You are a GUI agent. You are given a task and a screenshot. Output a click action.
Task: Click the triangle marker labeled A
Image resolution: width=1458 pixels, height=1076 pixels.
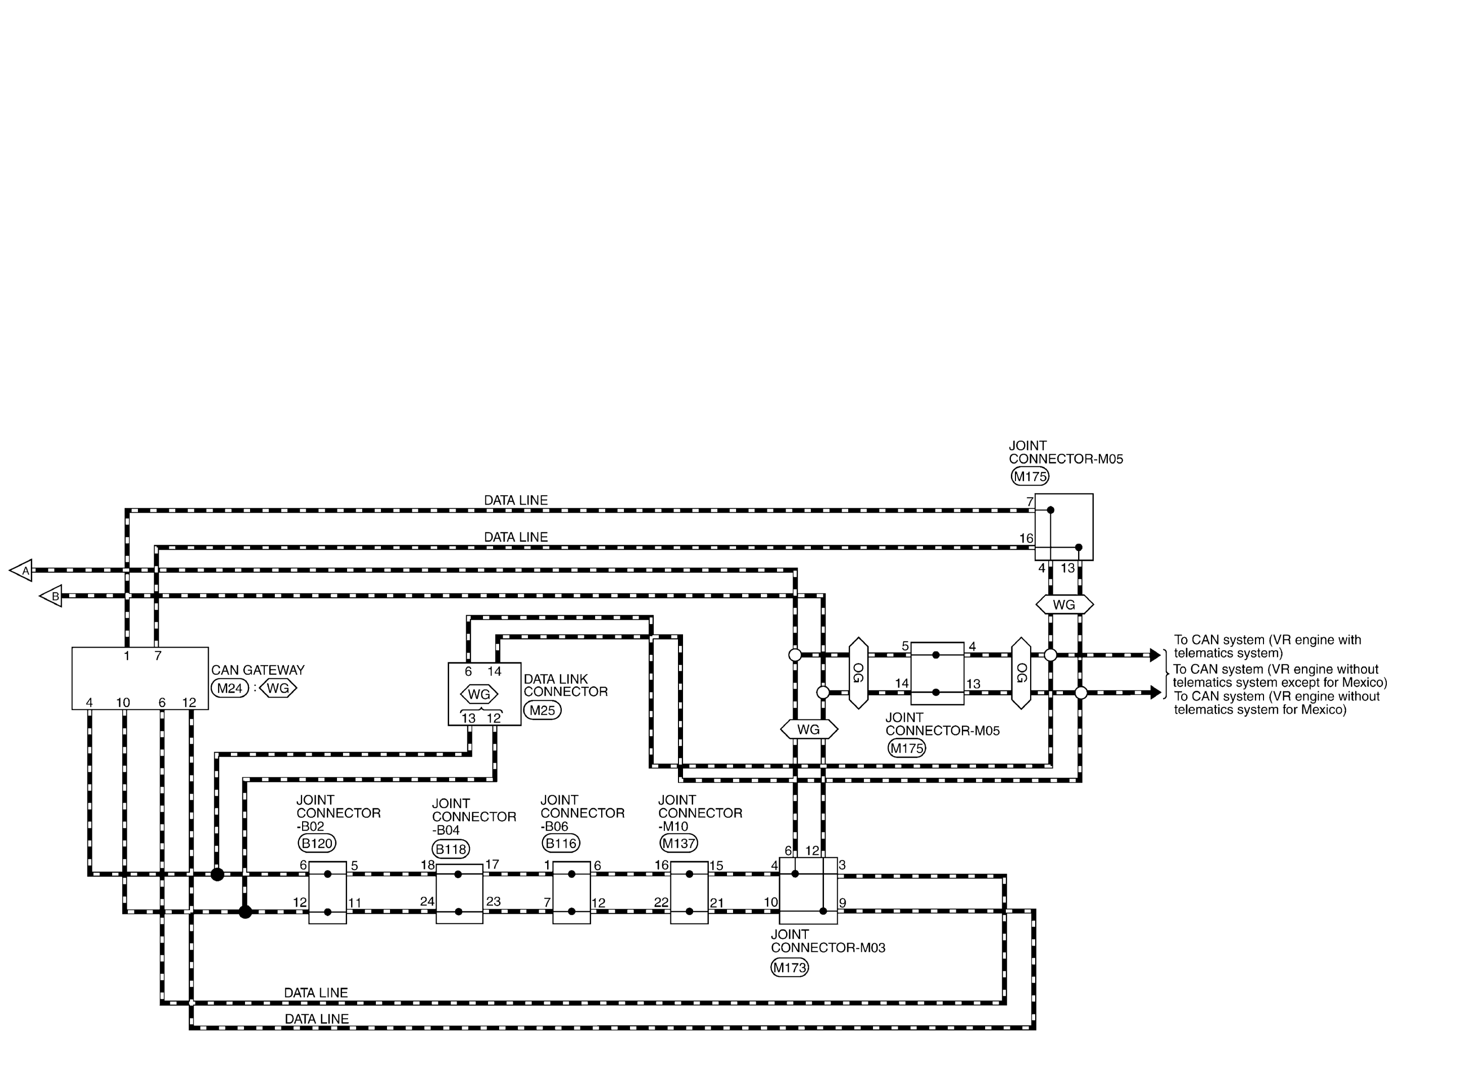(x=22, y=570)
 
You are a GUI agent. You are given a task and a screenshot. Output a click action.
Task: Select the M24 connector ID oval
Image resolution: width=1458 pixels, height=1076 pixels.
(x=230, y=689)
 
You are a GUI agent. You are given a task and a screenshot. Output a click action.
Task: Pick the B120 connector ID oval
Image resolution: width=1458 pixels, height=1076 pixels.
(x=317, y=844)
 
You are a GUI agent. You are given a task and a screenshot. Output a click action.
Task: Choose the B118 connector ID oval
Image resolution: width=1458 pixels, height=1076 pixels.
(x=451, y=849)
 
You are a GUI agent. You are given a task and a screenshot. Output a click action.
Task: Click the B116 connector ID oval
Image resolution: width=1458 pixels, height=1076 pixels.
(x=561, y=844)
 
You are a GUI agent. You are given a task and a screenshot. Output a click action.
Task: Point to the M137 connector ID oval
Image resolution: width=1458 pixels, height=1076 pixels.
(x=678, y=844)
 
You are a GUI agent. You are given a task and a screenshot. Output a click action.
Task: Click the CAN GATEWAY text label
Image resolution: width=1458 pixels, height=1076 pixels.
(x=258, y=670)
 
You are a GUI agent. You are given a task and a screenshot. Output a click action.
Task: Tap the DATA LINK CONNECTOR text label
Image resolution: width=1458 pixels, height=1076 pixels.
(x=566, y=685)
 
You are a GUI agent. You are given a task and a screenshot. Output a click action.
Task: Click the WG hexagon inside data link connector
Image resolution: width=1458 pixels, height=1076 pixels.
(x=479, y=694)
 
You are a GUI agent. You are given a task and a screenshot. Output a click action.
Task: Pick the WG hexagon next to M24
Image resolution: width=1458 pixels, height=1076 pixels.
(x=278, y=689)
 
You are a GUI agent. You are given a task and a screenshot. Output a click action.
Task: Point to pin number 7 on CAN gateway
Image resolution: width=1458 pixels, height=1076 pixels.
(x=158, y=656)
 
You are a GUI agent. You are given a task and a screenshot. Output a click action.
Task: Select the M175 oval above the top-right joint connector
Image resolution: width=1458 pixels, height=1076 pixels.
(x=1030, y=476)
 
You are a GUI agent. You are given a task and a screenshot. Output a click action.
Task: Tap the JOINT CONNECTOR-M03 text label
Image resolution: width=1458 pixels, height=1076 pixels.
(x=829, y=941)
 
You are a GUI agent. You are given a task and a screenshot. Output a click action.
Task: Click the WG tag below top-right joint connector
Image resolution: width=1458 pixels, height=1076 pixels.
(x=1064, y=605)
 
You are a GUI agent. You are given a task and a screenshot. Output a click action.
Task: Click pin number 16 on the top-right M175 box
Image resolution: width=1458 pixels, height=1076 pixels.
(x=1026, y=539)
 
